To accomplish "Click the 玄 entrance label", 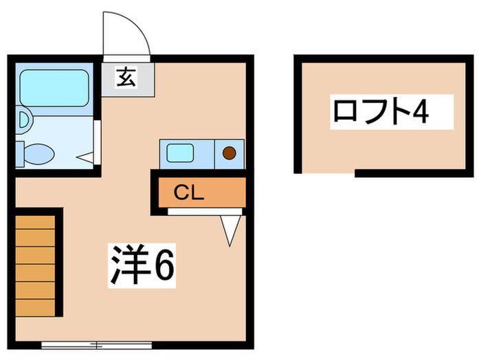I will (x=126, y=78).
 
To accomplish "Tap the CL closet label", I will (x=188, y=193).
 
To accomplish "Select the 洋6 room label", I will (x=143, y=265).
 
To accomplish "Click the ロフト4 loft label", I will (x=381, y=111).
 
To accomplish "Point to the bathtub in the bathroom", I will (x=53, y=87).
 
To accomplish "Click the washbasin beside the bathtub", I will (x=22, y=120).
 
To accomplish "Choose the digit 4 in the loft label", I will (x=421, y=111).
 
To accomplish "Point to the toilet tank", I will (x=20, y=153).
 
